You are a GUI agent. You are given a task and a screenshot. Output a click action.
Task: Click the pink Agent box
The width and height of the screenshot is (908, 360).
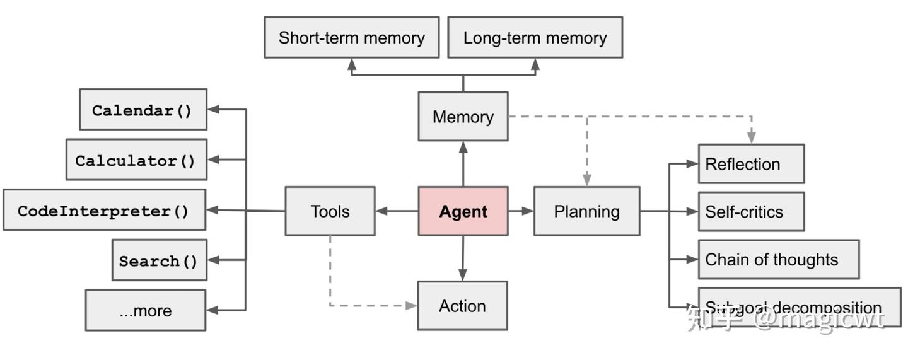463,211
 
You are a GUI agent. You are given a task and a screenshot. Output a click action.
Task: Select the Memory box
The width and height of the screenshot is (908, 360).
463,117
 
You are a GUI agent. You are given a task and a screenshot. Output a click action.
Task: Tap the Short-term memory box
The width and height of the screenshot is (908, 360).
351,38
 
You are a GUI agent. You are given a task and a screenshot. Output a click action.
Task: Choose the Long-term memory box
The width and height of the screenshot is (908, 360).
535,38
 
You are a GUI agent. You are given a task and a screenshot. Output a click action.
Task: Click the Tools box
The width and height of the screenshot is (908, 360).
330,211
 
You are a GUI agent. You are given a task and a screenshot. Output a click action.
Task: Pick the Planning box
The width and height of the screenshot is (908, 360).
586,211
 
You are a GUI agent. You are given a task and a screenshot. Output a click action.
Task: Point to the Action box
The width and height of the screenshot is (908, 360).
462,306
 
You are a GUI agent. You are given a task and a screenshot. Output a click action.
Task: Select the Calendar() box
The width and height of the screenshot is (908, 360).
143,110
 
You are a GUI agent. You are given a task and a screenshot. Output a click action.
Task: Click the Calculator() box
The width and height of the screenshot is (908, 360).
136,160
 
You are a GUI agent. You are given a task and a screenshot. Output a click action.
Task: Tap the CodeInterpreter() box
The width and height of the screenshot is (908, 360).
104,210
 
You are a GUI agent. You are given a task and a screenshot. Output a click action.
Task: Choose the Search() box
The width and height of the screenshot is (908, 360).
159,260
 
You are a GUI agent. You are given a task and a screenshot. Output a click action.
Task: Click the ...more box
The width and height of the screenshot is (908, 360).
145,310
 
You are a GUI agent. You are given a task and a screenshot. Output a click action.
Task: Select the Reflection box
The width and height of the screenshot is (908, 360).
750,164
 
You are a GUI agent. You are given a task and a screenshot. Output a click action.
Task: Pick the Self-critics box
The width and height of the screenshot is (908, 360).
750,212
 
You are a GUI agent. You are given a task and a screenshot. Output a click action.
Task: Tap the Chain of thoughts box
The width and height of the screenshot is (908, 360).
778,259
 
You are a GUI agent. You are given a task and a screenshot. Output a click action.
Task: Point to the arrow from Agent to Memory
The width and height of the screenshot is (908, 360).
463,163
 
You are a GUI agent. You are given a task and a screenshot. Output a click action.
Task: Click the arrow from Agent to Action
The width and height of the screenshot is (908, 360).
463,258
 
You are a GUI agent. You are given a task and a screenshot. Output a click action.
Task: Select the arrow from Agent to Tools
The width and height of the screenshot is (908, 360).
397,211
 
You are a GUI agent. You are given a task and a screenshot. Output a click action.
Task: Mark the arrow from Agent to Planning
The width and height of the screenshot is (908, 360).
521,211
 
